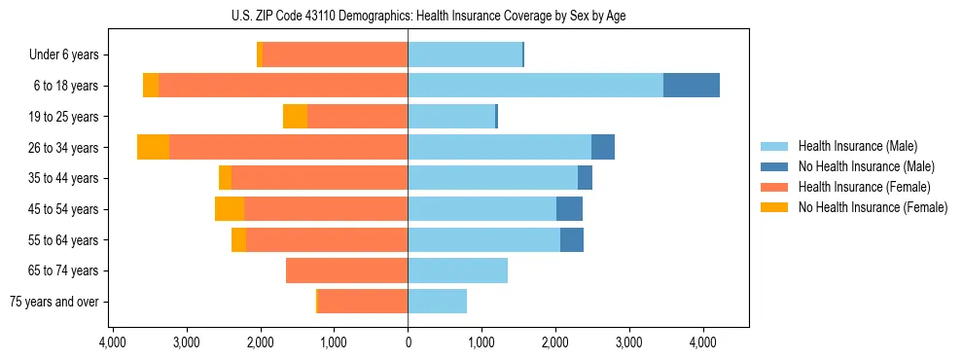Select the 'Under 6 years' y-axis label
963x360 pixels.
(64, 54)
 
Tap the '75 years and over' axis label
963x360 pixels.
(54, 302)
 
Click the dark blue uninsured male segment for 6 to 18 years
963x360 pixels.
(692, 86)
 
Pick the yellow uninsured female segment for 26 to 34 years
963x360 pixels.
(153, 147)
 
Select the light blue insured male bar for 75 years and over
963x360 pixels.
(437, 302)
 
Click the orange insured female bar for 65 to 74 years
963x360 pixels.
(346, 270)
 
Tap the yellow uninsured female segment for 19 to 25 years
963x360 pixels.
(295, 117)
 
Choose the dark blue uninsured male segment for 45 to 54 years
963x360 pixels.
(569, 209)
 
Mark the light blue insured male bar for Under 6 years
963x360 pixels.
(465, 54)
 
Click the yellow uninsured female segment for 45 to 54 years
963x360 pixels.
(230, 209)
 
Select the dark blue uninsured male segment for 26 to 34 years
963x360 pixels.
(603, 147)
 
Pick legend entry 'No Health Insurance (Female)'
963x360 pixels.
(872, 207)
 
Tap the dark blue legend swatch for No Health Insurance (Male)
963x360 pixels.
(774, 166)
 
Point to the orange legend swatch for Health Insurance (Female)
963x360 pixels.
(774, 187)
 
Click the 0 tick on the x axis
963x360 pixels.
(408, 342)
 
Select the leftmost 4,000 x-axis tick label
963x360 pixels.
(113, 342)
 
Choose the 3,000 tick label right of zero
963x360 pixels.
(629, 342)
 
